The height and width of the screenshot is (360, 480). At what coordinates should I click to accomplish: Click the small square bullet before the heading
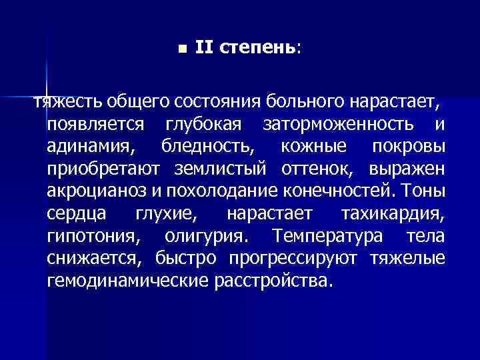pyautogui.click(x=182, y=48)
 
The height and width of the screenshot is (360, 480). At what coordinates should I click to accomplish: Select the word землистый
pyautogui.click(x=229, y=169)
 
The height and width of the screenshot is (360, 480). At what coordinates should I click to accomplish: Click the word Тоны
pyautogui.click(x=423, y=191)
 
